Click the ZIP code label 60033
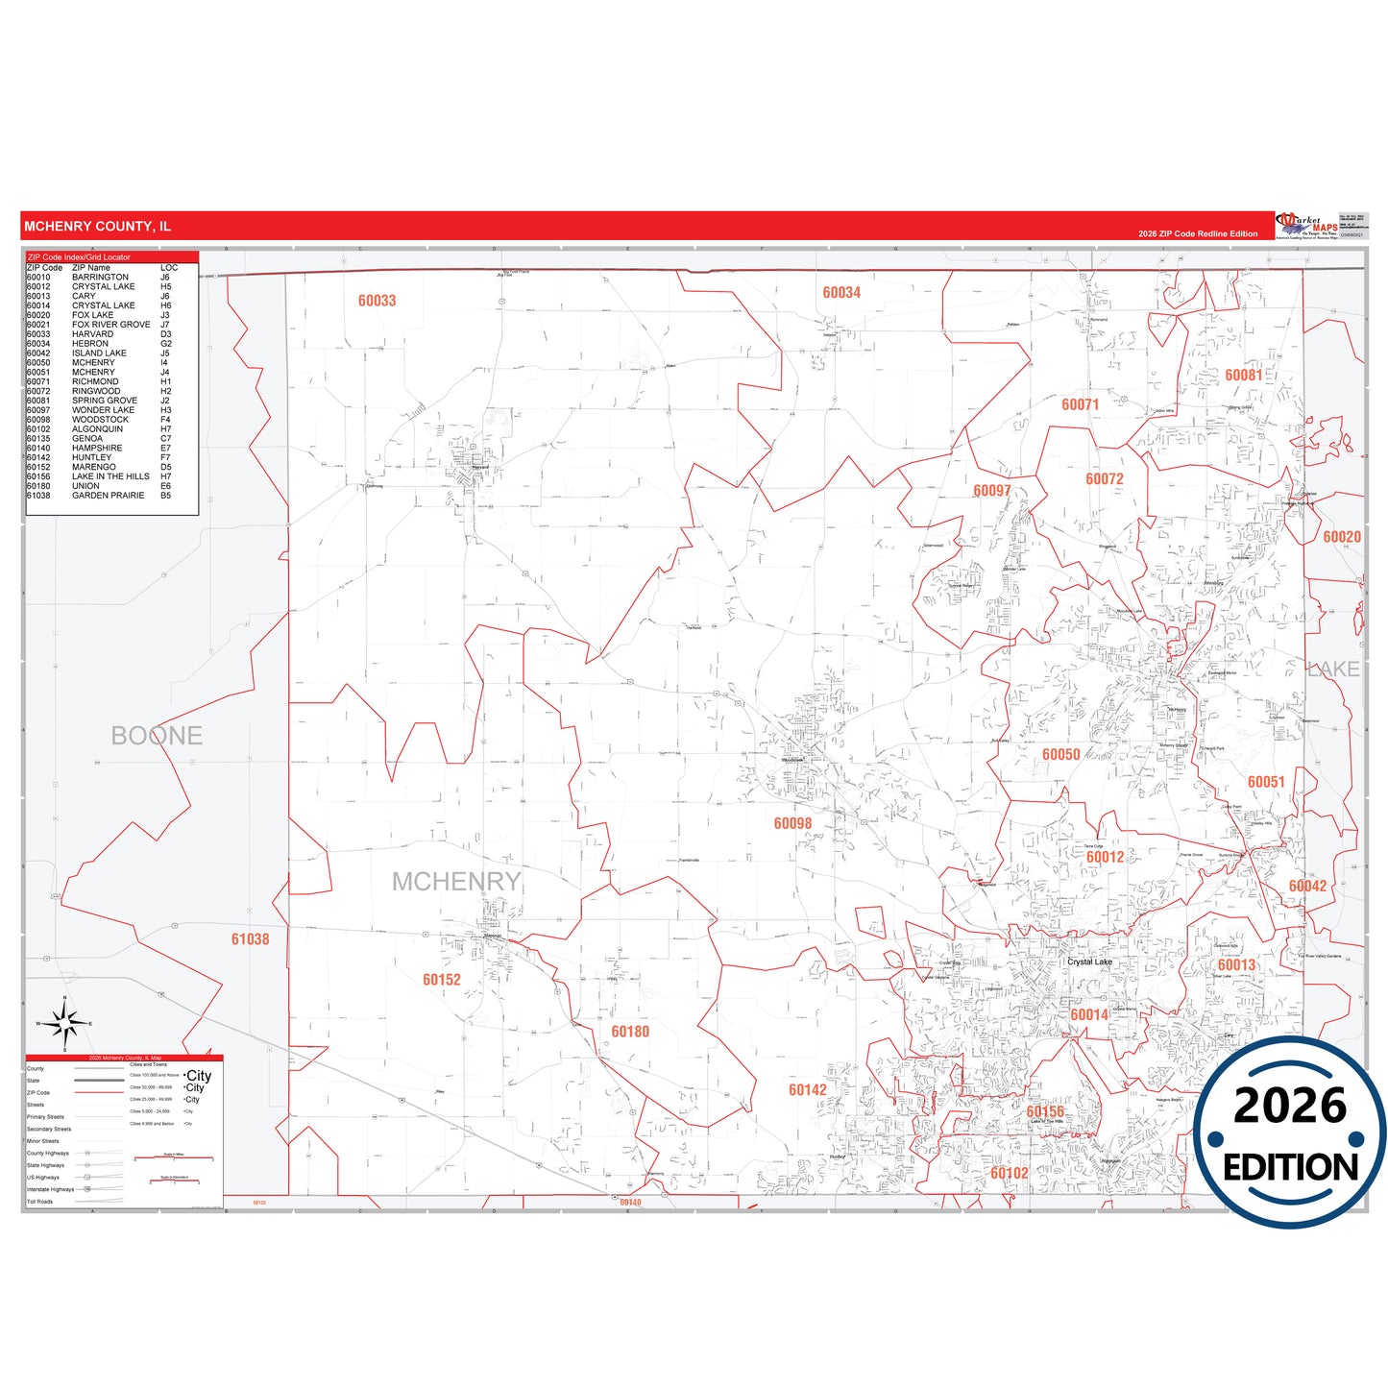coord(377,301)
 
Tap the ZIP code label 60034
coord(841,293)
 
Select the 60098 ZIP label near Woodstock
coord(792,823)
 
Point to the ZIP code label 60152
coord(442,980)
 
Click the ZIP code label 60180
coord(630,1032)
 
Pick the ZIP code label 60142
coord(808,1090)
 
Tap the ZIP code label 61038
coord(250,939)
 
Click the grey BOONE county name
coord(157,736)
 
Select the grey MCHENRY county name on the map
coord(456,882)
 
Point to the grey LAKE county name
coord(1333,670)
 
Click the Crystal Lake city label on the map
coord(1089,962)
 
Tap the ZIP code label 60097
coord(992,491)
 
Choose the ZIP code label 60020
coord(1342,537)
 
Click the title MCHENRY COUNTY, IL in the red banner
coord(97,227)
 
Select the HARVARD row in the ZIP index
coord(92,334)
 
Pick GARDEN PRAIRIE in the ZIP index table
coord(108,496)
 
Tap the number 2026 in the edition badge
coord(1290,1106)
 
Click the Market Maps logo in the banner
coord(1307,226)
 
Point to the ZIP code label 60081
coord(1244,376)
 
